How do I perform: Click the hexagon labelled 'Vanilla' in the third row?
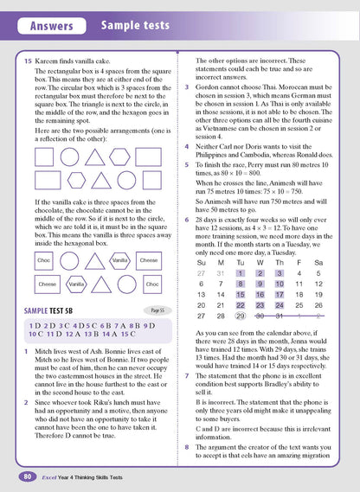pyautogui.click(x=120, y=235)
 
